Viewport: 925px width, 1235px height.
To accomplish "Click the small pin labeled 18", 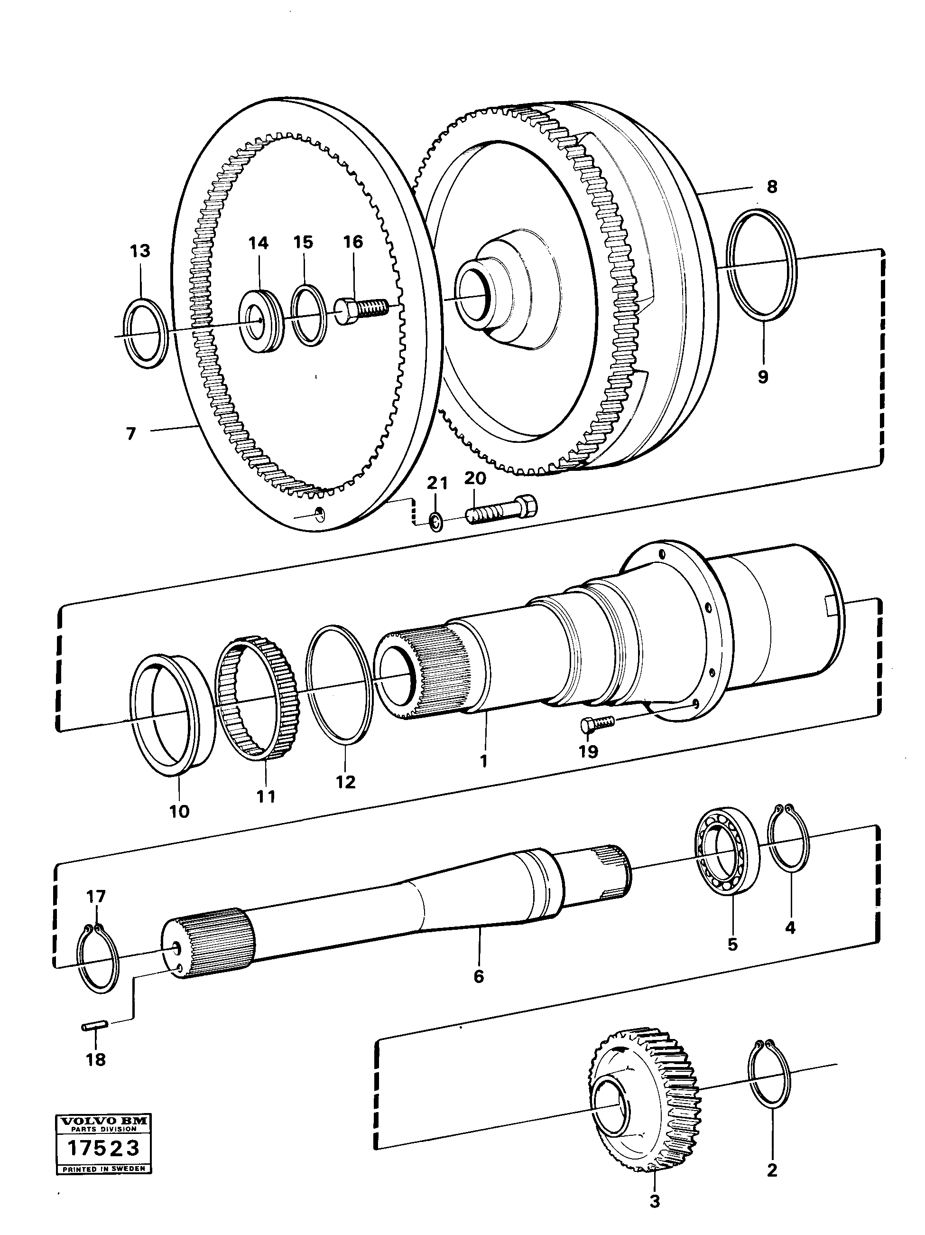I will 96,1025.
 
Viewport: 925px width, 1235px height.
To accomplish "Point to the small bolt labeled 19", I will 596,724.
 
